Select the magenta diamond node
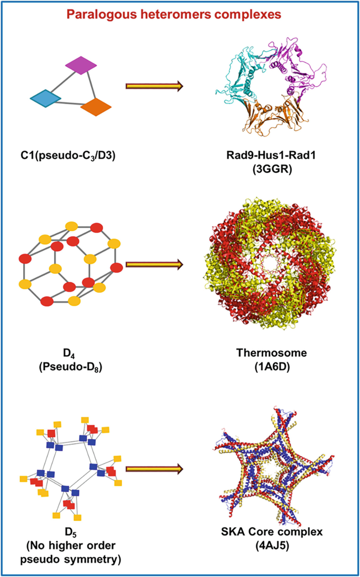pos(81,65)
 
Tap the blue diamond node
pos(46,98)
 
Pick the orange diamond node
pos(96,107)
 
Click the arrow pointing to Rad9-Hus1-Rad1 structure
pos(153,86)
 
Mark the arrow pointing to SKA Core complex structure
pos(153,467)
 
